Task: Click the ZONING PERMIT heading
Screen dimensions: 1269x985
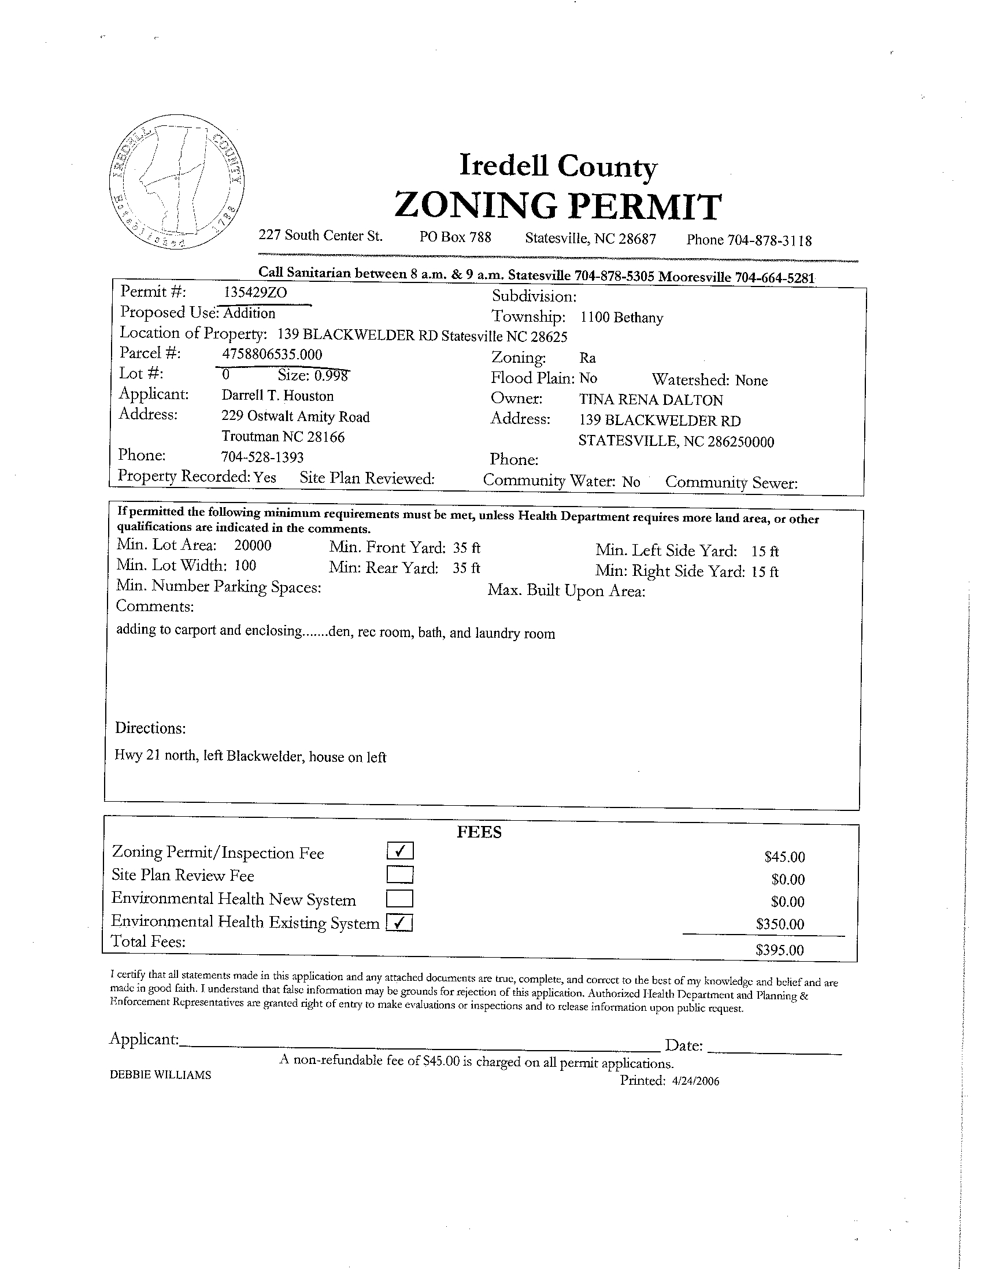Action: (x=558, y=206)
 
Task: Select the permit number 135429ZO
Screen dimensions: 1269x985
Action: (x=256, y=292)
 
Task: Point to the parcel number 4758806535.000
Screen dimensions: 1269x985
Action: (x=272, y=355)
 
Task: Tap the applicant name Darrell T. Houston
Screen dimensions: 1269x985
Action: (x=277, y=396)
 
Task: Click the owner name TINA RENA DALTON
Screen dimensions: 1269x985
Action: (x=651, y=400)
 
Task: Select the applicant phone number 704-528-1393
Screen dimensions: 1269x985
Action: (x=262, y=457)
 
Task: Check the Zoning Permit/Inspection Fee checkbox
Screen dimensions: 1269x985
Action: (x=399, y=851)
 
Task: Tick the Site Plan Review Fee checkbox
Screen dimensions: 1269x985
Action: (x=399, y=874)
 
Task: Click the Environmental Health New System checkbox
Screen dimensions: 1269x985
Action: (x=399, y=899)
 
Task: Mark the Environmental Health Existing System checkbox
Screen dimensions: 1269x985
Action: (x=399, y=922)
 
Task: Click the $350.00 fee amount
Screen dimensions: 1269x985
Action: (x=780, y=924)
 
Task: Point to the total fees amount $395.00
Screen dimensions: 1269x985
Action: (x=779, y=950)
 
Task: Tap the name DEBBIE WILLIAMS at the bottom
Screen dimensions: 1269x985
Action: (x=161, y=1076)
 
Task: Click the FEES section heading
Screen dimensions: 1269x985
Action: (x=479, y=832)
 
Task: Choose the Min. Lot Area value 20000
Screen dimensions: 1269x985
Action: (x=253, y=546)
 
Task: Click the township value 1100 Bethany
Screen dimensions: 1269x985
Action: (x=621, y=318)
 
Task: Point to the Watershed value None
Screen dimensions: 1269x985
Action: (x=751, y=381)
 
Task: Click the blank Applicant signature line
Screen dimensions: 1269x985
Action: (x=419, y=1047)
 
